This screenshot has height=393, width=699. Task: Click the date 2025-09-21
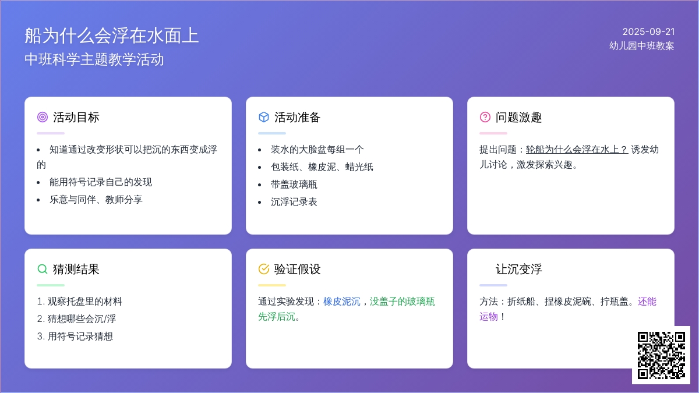[x=648, y=31]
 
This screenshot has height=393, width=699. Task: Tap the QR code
[x=661, y=355]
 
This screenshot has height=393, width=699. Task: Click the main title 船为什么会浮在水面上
[x=112, y=36]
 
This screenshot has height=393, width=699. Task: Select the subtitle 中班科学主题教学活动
[x=94, y=59]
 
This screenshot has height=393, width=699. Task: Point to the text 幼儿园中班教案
[x=641, y=46]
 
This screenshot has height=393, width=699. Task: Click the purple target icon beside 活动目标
[x=43, y=117]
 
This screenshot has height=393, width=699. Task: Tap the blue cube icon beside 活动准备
[x=264, y=117]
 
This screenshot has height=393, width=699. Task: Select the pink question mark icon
[x=485, y=117]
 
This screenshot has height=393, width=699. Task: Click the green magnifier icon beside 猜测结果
[x=43, y=269]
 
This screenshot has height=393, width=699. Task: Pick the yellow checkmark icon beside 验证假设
[x=264, y=269]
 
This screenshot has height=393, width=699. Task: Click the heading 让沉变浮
[x=518, y=269]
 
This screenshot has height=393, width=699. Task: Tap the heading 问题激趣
[x=518, y=117]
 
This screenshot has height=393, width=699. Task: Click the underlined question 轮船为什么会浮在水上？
[x=577, y=150]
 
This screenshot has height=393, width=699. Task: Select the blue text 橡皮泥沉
[x=342, y=302]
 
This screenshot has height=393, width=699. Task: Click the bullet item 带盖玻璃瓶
[x=294, y=185]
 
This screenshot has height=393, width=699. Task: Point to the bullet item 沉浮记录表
[x=294, y=202]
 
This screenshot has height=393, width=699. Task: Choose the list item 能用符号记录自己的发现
[x=100, y=182]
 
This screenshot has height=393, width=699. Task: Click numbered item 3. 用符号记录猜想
[x=75, y=337]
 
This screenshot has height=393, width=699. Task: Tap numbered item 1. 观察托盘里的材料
[x=79, y=302]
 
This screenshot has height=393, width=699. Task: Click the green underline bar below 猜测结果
[x=51, y=285]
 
